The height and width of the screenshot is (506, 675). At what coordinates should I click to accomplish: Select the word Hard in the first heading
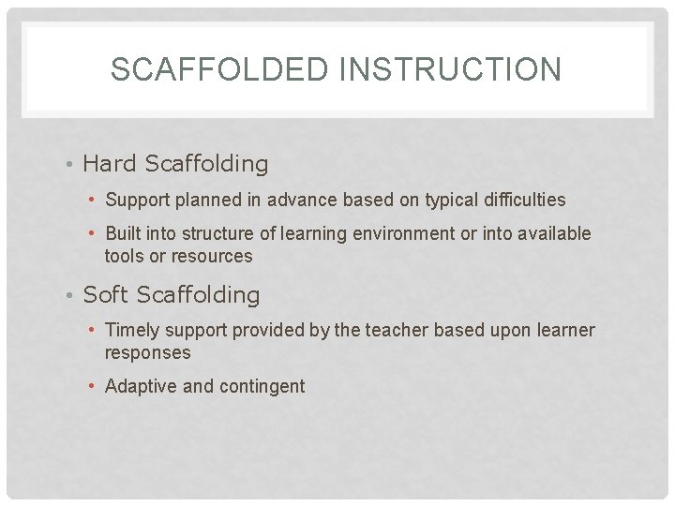click(x=110, y=164)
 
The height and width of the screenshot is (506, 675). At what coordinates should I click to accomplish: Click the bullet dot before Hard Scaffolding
click(x=71, y=165)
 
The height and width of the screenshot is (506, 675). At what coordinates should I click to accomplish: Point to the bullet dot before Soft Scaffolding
click(x=71, y=296)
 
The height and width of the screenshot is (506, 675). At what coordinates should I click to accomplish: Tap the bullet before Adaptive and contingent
click(x=94, y=387)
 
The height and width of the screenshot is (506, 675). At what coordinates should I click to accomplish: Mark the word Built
click(x=124, y=233)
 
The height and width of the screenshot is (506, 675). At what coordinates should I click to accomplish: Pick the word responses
click(x=147, y=353)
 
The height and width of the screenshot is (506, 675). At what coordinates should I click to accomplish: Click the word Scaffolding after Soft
click(x=198, y=295)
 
